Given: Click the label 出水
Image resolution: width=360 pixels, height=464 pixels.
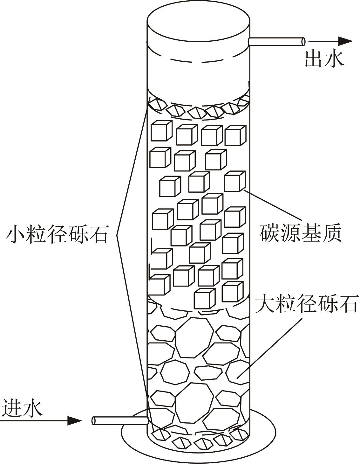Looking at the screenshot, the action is (x=325, y=59).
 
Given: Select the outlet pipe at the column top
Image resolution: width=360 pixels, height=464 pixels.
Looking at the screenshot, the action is (x=277, y=41).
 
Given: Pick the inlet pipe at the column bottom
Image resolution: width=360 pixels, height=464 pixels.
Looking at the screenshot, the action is (x=119, y=421).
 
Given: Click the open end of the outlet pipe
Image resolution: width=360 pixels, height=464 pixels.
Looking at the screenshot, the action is (x=303, y=41).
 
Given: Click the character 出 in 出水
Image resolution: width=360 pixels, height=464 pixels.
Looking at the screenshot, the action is (x=314, y=59).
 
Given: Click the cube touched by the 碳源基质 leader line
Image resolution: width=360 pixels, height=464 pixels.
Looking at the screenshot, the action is (x=234, y=181).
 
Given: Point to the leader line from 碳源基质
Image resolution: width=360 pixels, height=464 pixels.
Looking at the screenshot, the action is (x=273, y=205).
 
